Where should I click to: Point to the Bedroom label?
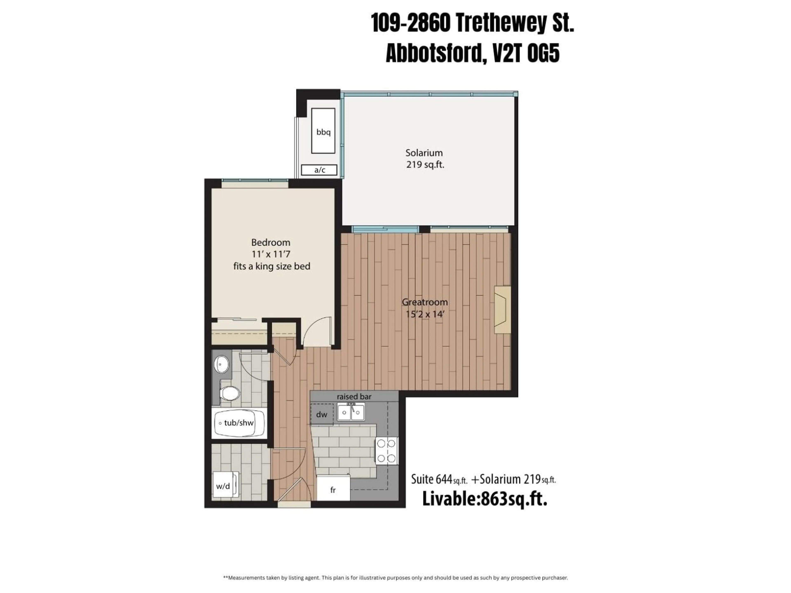coord(271,243)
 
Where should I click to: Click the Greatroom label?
coord(425,302)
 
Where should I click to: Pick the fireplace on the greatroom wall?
coord(502,309)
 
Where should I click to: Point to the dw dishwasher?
coord(322,414)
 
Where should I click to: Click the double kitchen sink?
coord(351,412)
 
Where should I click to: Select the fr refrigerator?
coord(333,490)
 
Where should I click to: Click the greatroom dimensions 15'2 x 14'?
coord(425,314)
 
